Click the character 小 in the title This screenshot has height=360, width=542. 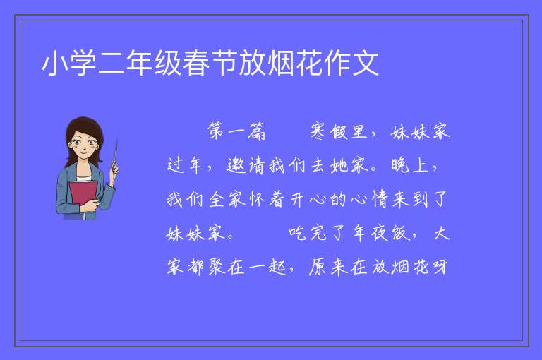[54, 63]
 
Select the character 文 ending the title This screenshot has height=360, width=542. [366, 63]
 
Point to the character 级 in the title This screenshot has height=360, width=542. [168, 63]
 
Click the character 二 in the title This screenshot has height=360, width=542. [112, 63]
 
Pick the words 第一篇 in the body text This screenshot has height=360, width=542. [236, 131]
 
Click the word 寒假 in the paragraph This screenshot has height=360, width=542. [329, 131]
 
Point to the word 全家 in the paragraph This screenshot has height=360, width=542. [227, 200]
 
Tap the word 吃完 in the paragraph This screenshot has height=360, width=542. [308, 234]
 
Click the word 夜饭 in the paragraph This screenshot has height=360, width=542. [390, 234]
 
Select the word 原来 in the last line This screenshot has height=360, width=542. [327, 268]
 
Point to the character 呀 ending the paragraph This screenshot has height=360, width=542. [440, 268]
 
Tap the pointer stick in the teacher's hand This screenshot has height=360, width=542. [115, 155]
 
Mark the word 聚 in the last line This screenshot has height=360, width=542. [217, 268]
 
